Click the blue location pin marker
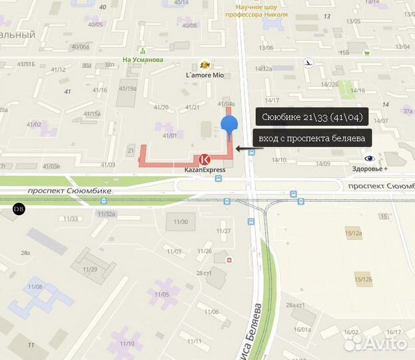pos(228,125)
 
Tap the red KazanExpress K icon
pos(205,159)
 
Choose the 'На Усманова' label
pos(143,59)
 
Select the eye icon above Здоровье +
pos(370,158)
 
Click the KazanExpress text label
pos(205,169)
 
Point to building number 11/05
pos(162,293)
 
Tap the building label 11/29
pos(90,269)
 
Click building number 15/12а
pos(354,233)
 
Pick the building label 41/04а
pos(226,104)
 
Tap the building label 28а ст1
pos(295,305)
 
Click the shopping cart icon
pos(367,52)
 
